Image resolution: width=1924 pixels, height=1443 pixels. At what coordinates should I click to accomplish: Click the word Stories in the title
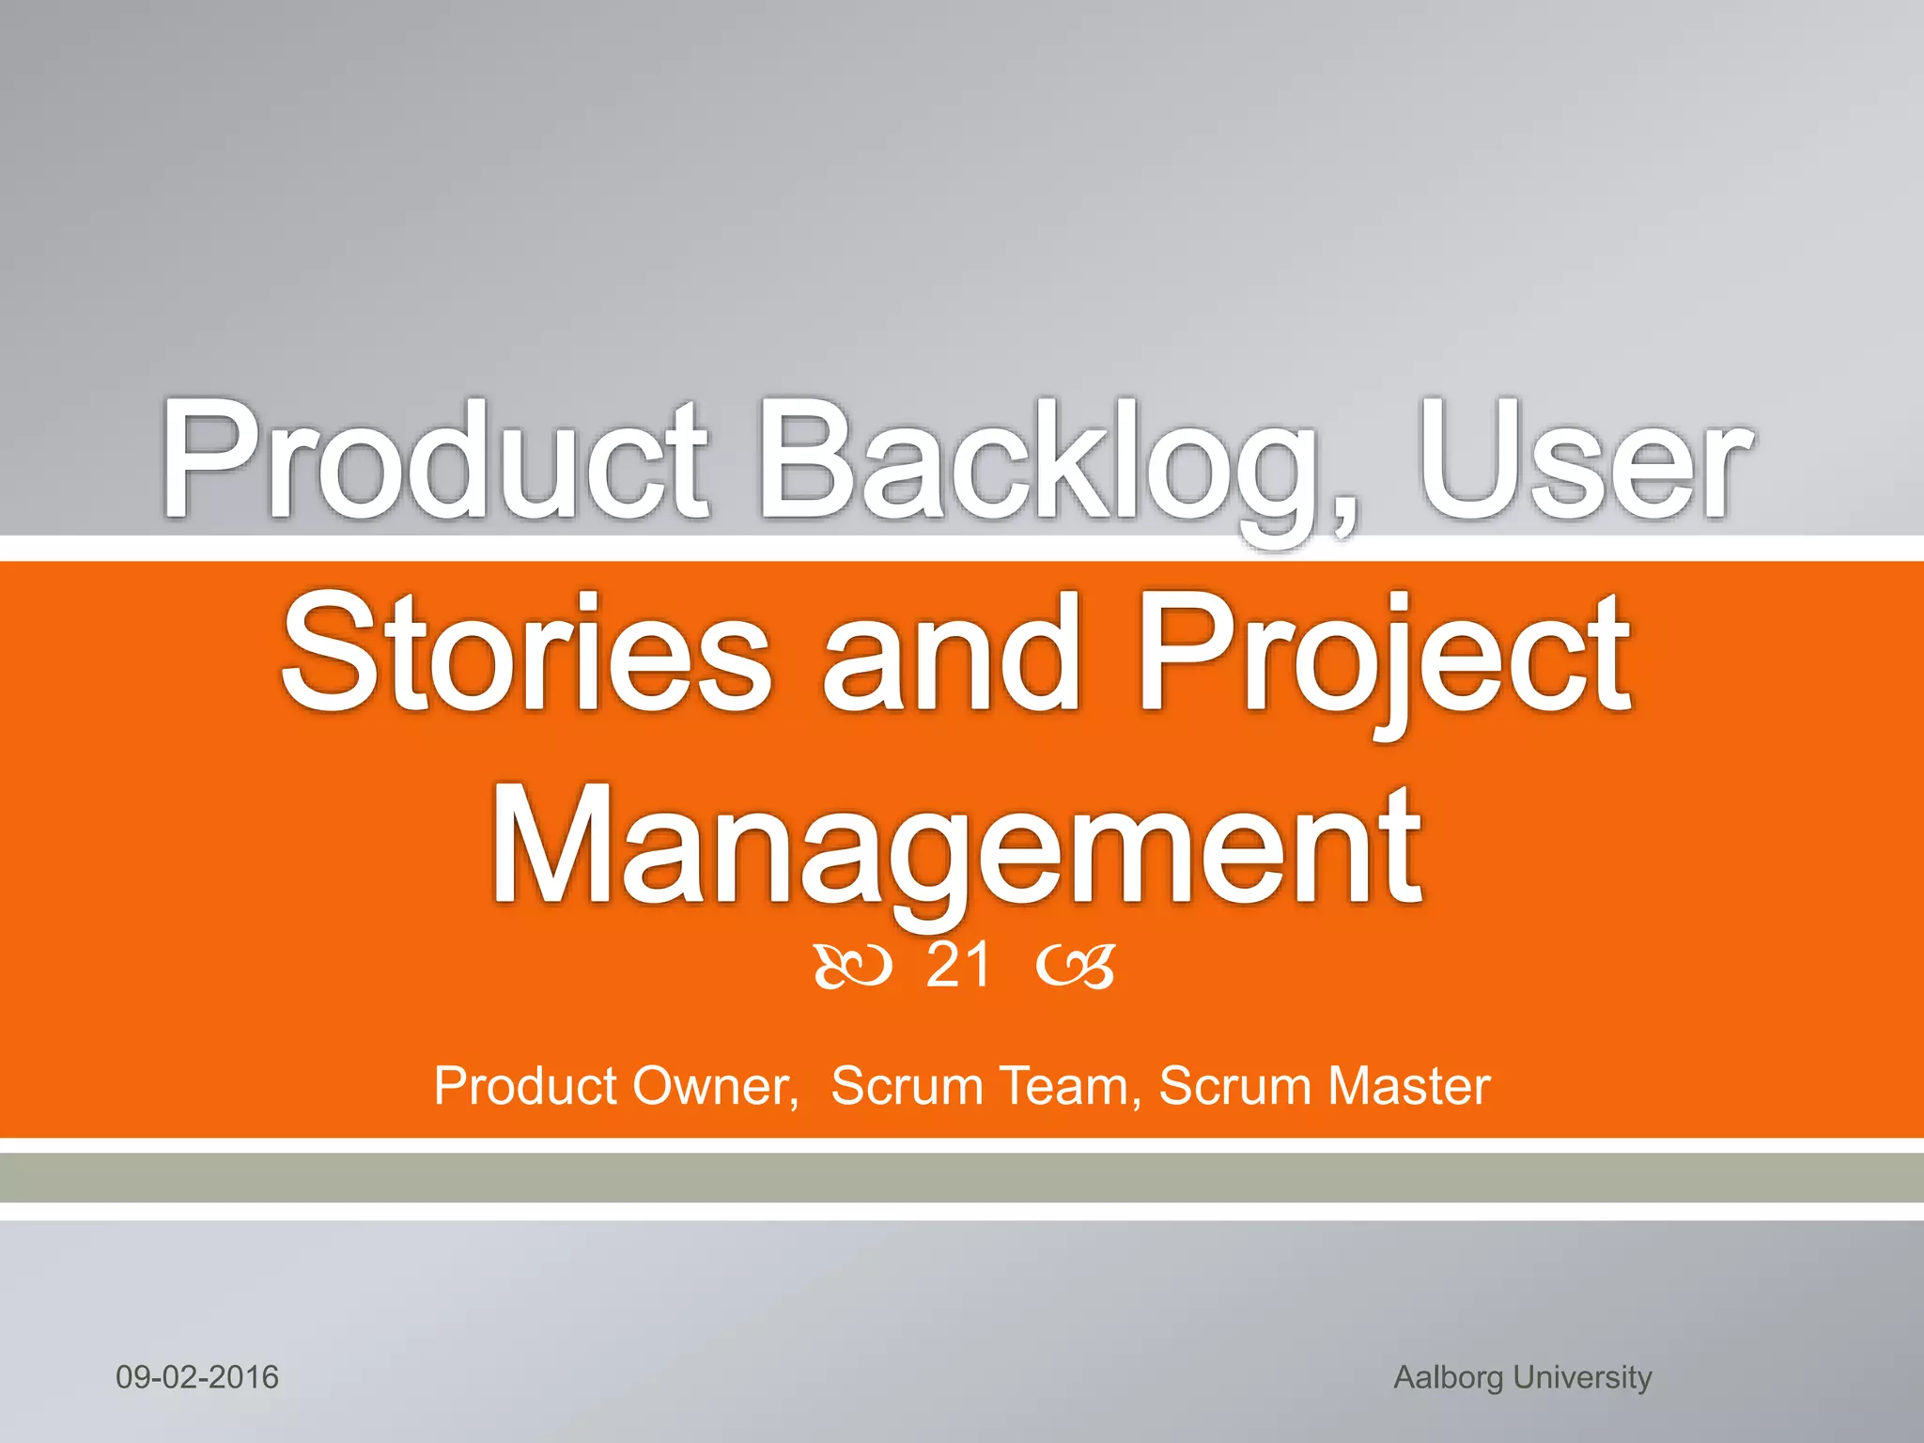coord(526,653)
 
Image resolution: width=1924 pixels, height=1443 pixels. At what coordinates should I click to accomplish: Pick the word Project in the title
coord(1385,658)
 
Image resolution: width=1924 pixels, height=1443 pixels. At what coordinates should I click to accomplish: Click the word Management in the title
coord(956,850)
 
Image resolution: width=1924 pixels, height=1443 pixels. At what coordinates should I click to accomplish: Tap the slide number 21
coord(957,966)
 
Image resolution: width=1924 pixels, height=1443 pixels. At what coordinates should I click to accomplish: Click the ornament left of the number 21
coord(851,968)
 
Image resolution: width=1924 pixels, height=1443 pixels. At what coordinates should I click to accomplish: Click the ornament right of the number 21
coord(1077,968)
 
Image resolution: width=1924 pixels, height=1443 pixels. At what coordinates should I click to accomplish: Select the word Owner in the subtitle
coord(714,1087)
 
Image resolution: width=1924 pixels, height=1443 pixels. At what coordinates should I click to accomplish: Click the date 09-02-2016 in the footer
coord(197,1377)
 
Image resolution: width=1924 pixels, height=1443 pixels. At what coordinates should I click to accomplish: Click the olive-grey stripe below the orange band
coord(962,1178)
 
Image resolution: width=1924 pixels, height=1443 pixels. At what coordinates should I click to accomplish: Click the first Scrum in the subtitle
coord(907,1087)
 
